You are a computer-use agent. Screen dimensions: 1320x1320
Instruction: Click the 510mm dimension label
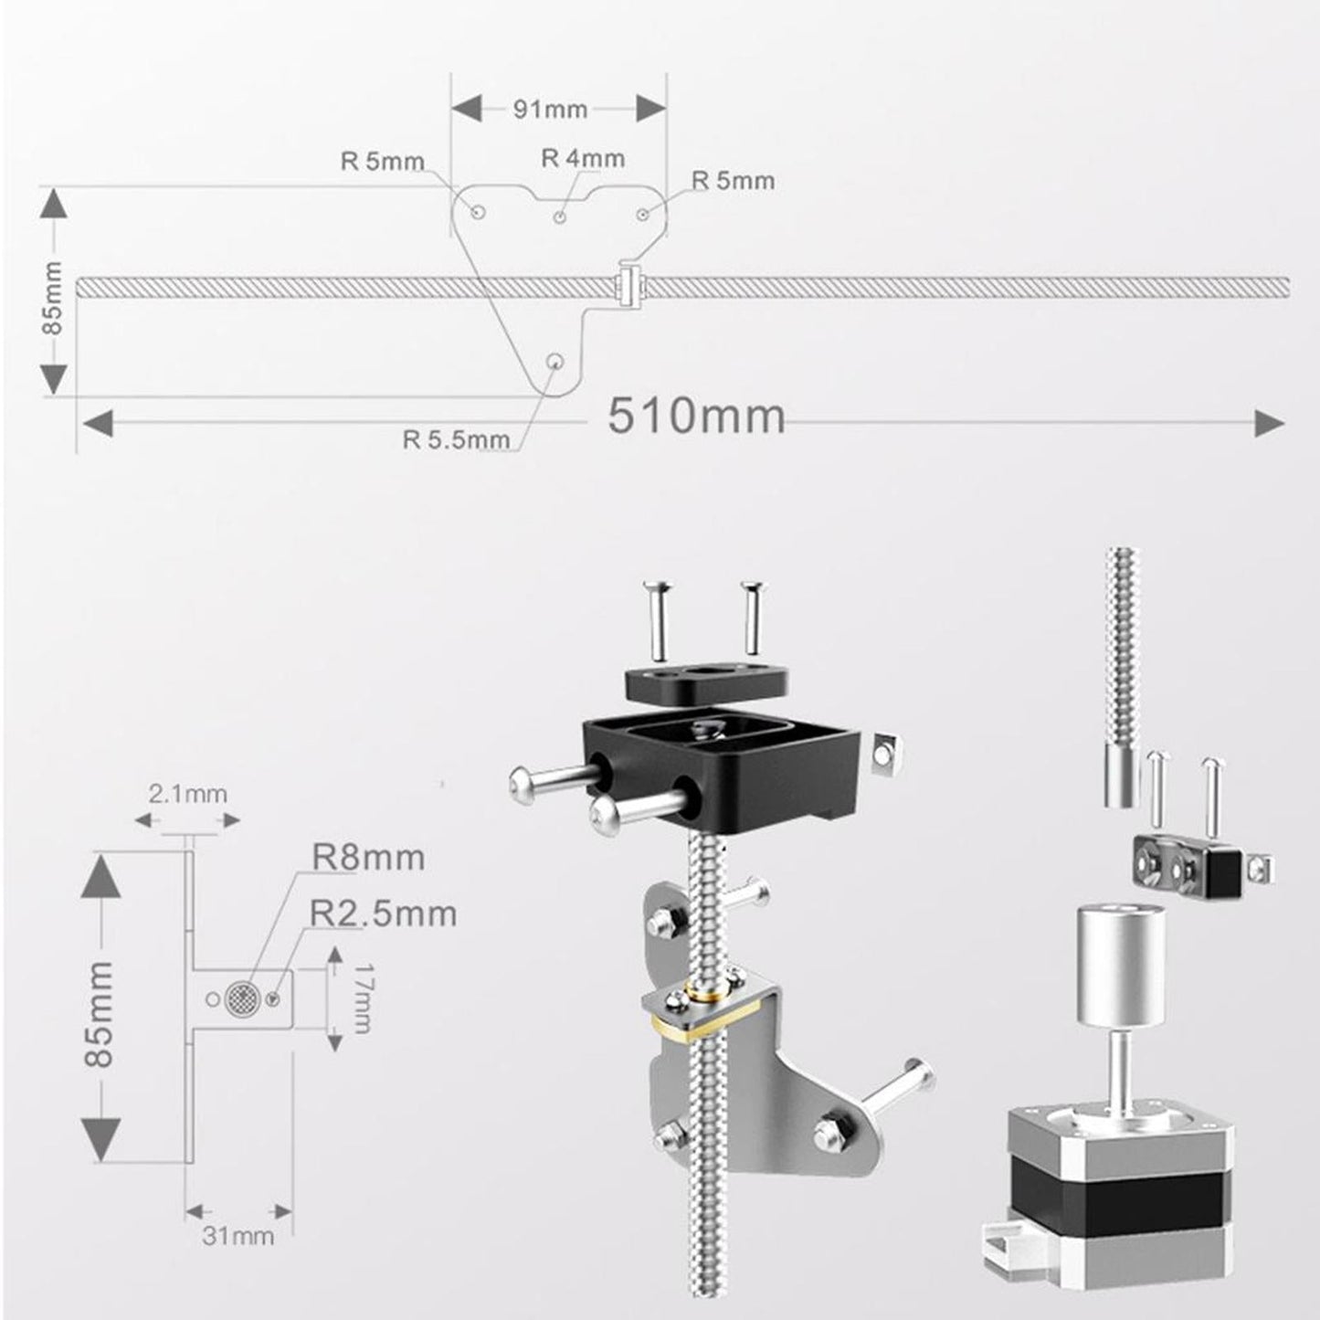coord(696,417)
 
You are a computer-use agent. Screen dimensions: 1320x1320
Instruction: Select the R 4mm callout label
coord(583,159)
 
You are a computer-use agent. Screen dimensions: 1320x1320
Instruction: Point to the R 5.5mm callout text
coord(456,439)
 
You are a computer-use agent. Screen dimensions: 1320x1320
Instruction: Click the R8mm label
coord(368,859)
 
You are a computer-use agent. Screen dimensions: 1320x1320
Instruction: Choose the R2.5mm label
coord(383,913)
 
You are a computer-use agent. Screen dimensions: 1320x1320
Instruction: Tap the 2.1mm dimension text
coord(187,794)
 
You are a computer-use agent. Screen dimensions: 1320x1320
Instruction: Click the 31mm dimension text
coord(238,1236)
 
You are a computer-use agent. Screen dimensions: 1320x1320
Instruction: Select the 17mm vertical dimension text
coord(360,998)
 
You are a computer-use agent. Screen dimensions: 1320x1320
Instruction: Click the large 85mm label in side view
coord(100,1014)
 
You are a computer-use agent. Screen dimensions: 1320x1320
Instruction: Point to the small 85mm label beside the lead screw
coord(52,298)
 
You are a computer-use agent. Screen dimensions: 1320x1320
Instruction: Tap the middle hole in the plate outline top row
coord(560,216)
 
